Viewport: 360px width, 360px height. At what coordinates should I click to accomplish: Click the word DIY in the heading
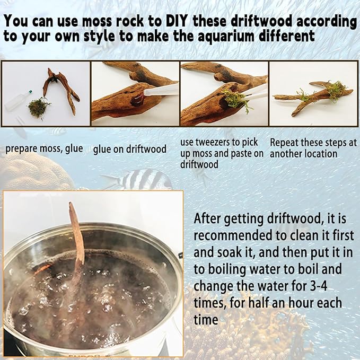[x=175, y=21]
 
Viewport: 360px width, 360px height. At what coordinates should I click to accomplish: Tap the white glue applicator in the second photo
[x=161, y=90]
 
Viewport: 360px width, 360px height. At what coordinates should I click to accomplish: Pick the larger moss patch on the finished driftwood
[x=336, y=90]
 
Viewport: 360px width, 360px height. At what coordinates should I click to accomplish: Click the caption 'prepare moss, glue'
[x=44, y=148]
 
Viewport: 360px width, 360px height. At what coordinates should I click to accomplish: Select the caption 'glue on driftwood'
[x=130, y=149]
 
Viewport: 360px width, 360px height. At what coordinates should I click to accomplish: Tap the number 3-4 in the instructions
[x=318, y=286]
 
